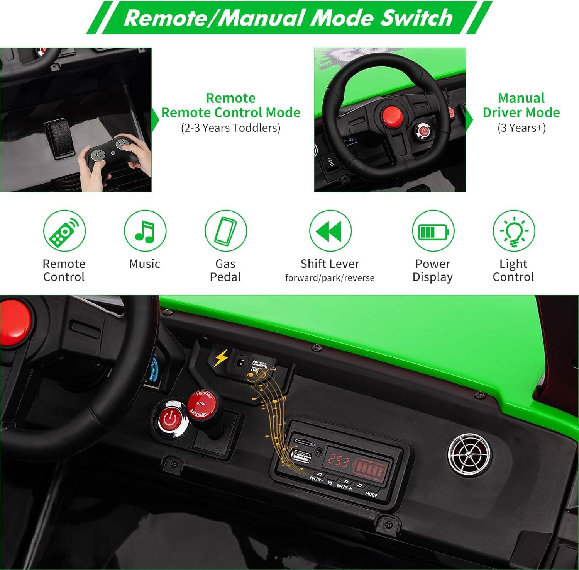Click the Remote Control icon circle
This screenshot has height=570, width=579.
[x=64, y=231]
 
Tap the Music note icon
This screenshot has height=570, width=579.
[x=145, y=231]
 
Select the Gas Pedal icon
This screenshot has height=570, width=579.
[x=225, y=231]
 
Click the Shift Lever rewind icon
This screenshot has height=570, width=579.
[x=330, y=231]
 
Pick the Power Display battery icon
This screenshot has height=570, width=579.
[x=433, y=231]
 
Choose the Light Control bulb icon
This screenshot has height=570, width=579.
[x=513, y=231]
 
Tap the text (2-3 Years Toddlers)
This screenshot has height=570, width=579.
[x=230, y=128]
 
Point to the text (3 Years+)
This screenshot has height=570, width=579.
[x=521, y=128]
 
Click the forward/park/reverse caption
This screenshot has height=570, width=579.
[x=330, y=278]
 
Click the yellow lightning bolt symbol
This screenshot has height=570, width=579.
[x=221, y=358]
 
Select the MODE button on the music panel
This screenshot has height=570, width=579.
[x=371, y=494]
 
